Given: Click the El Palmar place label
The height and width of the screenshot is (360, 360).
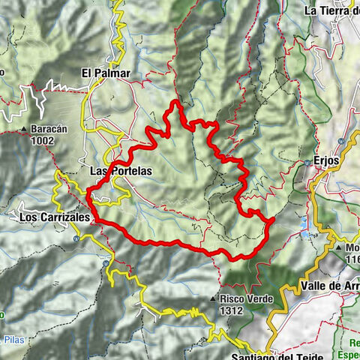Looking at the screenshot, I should tap(106, 73).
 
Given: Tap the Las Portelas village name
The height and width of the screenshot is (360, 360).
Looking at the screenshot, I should tap(120, 171).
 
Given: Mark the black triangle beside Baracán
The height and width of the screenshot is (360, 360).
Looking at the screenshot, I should tap(27, 129).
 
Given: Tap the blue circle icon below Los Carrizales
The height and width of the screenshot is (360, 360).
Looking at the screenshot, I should tap(76, 238).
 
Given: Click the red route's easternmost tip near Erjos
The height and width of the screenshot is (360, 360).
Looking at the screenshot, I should tap(274, 219).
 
